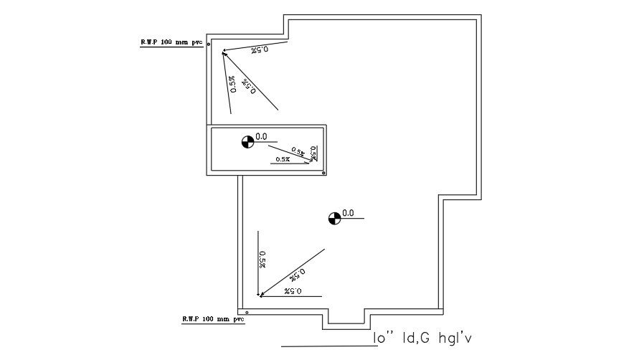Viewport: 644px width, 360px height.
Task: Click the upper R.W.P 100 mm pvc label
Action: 170,42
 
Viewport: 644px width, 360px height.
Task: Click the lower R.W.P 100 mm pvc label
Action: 212,318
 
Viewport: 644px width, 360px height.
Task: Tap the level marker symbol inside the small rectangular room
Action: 247,141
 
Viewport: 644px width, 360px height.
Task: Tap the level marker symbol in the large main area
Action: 334,218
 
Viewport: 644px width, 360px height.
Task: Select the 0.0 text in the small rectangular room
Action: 261,136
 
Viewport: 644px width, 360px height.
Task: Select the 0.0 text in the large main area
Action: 348,213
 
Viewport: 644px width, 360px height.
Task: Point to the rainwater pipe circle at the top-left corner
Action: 209,44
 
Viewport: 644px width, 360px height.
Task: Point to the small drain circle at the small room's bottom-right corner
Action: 324,173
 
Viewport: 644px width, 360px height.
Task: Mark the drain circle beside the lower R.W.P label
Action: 247,313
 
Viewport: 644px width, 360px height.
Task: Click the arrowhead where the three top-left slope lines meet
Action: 224,52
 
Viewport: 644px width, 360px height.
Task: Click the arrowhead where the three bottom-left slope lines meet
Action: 261,294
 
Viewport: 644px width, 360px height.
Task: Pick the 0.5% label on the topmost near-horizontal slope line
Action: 260,49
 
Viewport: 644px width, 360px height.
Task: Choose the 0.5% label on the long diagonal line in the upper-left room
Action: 250,85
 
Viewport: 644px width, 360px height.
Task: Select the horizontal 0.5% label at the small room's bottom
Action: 282,159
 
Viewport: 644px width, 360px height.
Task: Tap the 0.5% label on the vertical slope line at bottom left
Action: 262,259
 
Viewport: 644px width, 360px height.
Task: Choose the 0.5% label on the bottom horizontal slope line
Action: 293,291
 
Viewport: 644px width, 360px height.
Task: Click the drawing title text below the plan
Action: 423,337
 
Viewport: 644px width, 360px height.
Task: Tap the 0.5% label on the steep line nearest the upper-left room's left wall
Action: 232,85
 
